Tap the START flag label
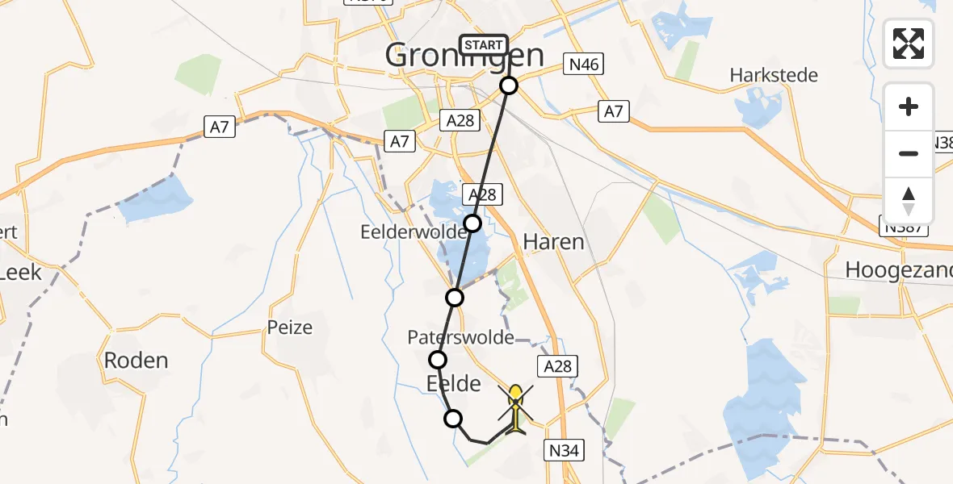pyautogui.click(x=484, y=45)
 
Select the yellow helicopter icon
pyautogui.click(x=515, y=408)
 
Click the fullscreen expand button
pyautogui.click(x=909, y=44)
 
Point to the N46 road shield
pyautogui.click(x=584, y=65)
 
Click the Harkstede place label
pyautogui.click(x=774, y=76)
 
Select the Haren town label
pyautogui.click(x=553, y=241)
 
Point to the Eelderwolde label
pyautogui.click(x=414, y=232)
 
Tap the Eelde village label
pyautogui.click(x=452, y=384)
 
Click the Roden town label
pyautogui.click(x=136, y=360)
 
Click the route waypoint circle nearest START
pyautogui.click(x=509, y=86)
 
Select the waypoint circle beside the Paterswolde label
pyautogui.click(x=438, y=360)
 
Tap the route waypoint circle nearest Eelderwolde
pyautogui.click(x=472, y=223)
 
